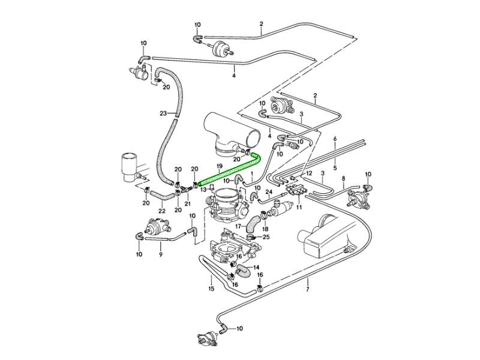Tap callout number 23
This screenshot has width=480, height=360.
point(163,113)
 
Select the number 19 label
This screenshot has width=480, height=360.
point(220,165)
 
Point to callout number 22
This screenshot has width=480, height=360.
point(162,211)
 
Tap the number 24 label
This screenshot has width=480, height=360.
point(269,192)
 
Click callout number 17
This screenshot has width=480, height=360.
point(238,227)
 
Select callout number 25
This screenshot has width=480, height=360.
point(266,237)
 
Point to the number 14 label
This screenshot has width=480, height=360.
point(256,268)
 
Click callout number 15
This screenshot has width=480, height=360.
point(211,289)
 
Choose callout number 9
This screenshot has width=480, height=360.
point(160,254)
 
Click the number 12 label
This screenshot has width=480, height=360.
point(310,173)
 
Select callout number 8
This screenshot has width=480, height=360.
point(343,179)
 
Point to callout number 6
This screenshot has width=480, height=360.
point(335,139)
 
